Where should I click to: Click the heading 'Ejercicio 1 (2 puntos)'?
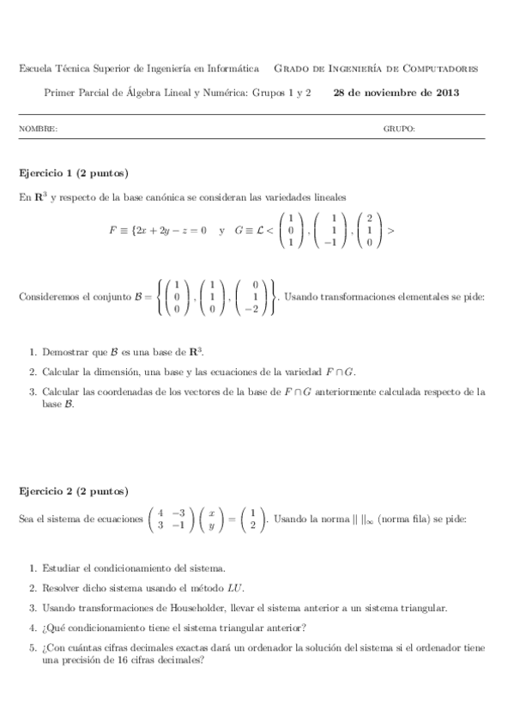(74, 173)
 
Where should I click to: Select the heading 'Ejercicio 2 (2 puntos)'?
(74, 491)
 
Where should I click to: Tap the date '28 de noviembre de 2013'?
(396, 92)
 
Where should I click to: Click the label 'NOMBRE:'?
(38, 129)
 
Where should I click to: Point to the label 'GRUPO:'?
(399, 129)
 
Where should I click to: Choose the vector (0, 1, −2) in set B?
(255, 297)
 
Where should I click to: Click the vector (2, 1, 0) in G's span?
(369, 230)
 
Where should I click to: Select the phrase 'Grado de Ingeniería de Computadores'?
(375, 69)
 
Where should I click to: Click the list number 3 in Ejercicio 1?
(32, 391)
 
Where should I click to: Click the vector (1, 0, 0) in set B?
(176, 297)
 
